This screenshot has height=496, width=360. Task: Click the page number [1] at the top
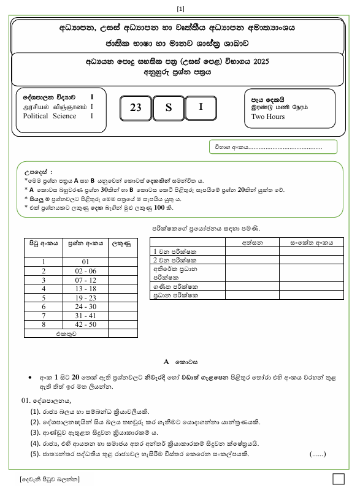click(180, 8)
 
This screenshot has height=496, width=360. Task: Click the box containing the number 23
click(136, 108)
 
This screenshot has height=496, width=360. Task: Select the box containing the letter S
click(169, 108)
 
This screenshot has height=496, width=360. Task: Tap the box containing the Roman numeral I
click(201, 107)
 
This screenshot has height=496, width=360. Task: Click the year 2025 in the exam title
click(260, 62)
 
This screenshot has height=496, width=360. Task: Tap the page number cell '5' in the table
click(44, 297)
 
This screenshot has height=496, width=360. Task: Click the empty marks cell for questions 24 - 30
click(123, 307)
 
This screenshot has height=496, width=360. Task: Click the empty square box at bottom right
click(338, 478)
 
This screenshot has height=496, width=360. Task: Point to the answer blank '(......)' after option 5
click(318, 454)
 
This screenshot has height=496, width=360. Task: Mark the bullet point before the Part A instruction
click(30, 378)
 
